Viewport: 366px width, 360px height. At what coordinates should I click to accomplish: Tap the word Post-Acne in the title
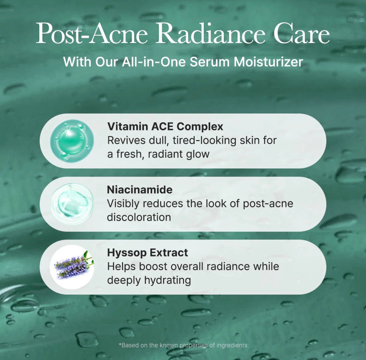(93, 34)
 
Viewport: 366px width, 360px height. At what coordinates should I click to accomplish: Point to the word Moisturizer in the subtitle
(268, 62)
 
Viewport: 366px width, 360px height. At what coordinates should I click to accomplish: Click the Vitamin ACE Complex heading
(165, 126)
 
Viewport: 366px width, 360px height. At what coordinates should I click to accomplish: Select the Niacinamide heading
(139, 190)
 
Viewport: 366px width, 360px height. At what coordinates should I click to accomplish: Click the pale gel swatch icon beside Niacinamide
(72, 204)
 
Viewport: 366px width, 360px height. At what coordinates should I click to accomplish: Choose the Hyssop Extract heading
(147, 253)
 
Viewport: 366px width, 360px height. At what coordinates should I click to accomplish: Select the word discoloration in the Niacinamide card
(139, 217)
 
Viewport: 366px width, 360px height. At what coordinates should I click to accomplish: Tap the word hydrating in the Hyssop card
(167, 280)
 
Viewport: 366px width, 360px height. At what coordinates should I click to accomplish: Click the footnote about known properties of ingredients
(183, 345)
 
